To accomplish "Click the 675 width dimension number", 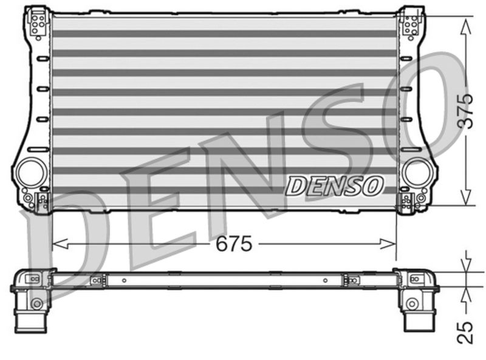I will tap(234, 244).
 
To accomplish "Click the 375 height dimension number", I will tap(465, 111).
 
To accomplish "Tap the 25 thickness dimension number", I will tap(465, 332).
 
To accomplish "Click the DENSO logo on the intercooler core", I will tap(334, 185).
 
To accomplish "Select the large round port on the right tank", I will tap(416, 173).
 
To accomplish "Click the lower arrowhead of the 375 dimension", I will tap(465, 197).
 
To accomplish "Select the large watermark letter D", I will tap(73, 243).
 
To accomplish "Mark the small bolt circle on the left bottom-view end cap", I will tap(37, 303).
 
